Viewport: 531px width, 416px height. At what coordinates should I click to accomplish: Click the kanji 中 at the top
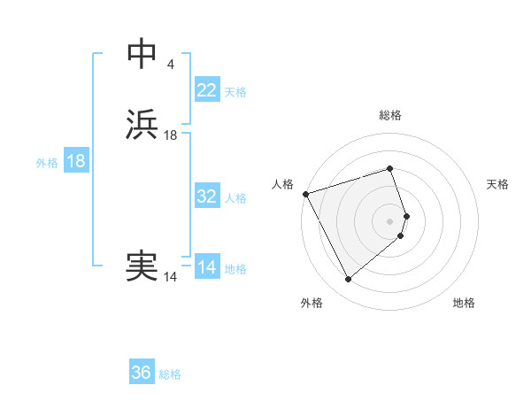tap(142, 55)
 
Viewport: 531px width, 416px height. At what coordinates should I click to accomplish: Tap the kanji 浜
tap(142, 125)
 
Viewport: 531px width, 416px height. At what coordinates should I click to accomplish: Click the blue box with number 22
tap(207, 90)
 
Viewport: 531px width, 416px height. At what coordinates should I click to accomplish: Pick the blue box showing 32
tap(207, 196)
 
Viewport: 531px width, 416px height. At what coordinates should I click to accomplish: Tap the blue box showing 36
tap(142, 373)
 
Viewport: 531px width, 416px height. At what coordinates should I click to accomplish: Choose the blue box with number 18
tap(76, 161)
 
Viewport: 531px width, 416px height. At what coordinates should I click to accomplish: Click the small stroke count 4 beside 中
tap(170, 65)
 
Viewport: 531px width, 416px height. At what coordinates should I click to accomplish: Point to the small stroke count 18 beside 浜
tap(171, 135)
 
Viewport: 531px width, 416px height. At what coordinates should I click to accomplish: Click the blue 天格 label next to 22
tap(235, 92)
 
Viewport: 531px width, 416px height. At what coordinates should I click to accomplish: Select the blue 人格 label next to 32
tap(235, 198)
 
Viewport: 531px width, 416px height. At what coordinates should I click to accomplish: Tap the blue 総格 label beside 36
tap(170, 374)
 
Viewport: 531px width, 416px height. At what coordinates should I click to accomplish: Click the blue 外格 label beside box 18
tap(47, 163)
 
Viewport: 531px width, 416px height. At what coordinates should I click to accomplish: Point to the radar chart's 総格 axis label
tap(390, 115)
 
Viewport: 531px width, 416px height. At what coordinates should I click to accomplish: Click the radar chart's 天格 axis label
tap(498, 184)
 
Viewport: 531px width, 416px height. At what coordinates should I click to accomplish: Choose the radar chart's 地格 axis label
tap(464, 303)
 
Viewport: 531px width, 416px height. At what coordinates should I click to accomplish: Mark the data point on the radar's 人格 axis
tap(305, 194)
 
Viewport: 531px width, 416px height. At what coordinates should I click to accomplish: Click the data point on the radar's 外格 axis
tap(348, 280)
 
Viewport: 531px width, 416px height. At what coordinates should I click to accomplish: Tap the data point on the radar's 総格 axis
tap(390, 168)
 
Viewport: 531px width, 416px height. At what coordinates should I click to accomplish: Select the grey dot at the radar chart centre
tap(390, 220)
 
